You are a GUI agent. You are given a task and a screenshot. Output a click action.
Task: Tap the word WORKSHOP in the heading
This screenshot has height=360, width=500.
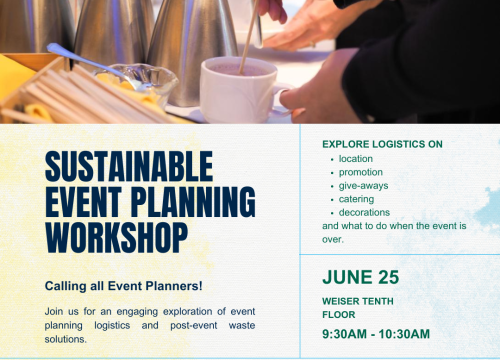[115, 235]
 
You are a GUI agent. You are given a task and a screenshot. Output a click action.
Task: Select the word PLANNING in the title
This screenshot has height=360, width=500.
[195, 199]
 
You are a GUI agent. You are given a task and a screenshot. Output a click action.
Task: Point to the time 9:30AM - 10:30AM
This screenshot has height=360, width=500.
[376, 333]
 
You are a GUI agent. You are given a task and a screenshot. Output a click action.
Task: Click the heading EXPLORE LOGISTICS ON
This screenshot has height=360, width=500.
[382, 144]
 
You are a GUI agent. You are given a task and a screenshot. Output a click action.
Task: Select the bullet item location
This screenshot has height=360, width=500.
[355, 159]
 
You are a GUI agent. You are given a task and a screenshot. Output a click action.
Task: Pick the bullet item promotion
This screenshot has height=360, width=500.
[360, 172]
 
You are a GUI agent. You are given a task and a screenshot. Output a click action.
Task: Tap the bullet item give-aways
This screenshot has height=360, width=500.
[363, 185]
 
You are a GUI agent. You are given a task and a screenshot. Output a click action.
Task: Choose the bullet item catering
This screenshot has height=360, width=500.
[357, 199]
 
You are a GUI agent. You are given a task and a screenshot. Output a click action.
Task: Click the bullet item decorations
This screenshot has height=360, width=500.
[364, 212]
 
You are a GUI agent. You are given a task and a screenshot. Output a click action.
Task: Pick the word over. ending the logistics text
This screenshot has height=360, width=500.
[333, 240]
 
